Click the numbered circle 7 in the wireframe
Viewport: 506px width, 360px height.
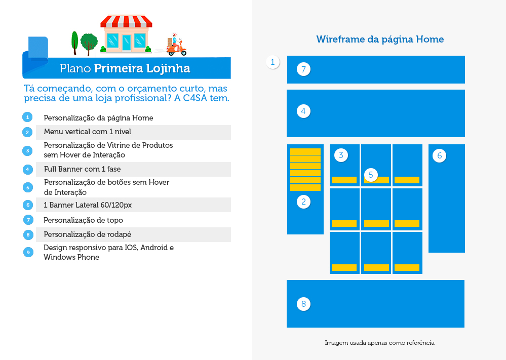tap(303, 69)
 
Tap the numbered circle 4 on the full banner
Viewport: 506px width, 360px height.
tap(303, 111)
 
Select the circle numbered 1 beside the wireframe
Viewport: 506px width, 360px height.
tap(273, 62)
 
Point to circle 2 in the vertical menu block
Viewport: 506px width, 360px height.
tap(303, 202)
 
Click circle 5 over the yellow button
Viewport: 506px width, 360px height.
tap(371, 175)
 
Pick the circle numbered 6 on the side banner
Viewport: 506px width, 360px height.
tap(439, 155)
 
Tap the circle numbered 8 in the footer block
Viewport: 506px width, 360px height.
tap(303, 304)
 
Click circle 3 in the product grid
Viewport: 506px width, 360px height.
tap(341, 155)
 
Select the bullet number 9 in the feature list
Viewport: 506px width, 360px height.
tap(28, 252)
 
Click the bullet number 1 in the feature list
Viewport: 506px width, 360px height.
tap(27, 117)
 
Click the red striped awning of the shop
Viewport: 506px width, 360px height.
tap(126, 21)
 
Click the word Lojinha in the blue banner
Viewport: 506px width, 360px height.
tap(168, 69)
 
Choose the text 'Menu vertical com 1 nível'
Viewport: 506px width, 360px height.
tap(88, 132)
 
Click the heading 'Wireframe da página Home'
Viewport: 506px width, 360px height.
tap(380, 39)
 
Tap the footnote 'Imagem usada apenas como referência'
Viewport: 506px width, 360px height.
tap(379, 343)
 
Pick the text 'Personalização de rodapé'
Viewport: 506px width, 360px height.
tap(88, 234)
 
